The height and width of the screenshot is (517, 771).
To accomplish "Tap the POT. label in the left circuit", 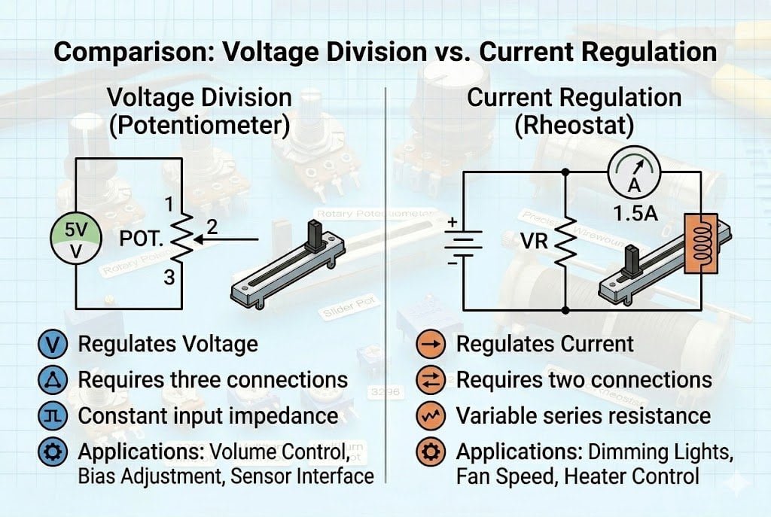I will pyautogui.click(x=142, y=239).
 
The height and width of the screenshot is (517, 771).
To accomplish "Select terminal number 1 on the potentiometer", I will pyautogui.click(x=169, y=204).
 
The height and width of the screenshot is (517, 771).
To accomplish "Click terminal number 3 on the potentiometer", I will pyautogui.click(x=169, y=277).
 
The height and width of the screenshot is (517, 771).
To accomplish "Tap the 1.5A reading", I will pyautogui.click(x=635, y=214).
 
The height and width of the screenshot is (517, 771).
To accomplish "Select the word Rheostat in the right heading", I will pyautogui.click(x=574, y=125).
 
